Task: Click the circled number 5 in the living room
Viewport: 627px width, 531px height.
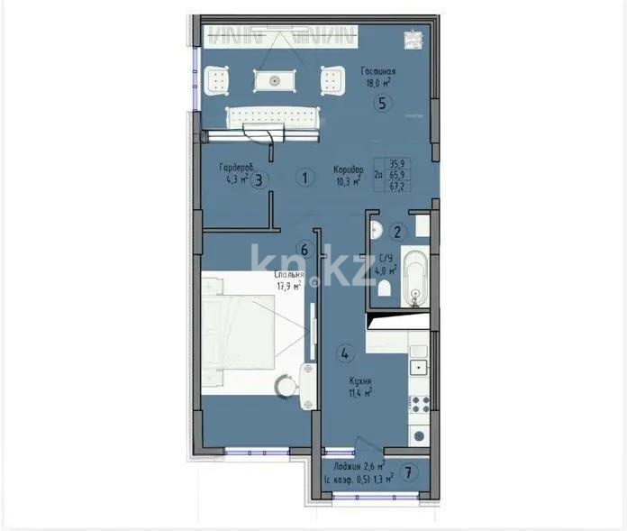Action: click(383, 103)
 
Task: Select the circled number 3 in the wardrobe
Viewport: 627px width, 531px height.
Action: click(259, 179)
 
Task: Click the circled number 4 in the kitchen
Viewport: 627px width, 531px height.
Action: click(344, 352)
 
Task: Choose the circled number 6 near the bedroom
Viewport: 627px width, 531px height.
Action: click(304, 250)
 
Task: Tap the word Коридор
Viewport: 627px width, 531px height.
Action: click(347, 169)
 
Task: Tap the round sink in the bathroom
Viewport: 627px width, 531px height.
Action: click(379, 228)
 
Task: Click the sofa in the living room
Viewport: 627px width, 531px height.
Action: click(272, 118)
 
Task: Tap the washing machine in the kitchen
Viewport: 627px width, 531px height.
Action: click(420, 434)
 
